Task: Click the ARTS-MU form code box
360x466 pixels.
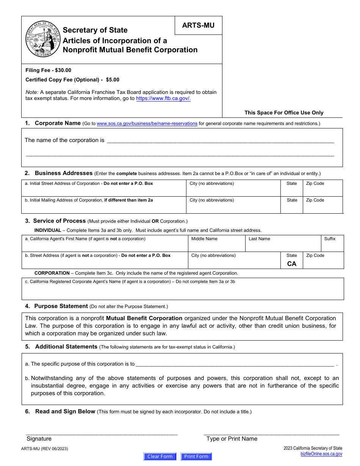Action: [198, 25]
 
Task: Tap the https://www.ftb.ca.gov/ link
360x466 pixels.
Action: [163, 99]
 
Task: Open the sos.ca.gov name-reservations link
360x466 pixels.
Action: [147, 124]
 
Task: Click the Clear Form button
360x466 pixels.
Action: [160, 457]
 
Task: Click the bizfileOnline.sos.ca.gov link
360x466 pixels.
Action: [321, 454]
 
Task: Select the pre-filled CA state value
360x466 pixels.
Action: [292, 264]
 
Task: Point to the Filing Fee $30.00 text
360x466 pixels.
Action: [48, 70]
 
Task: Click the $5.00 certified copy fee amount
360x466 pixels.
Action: [113, 80]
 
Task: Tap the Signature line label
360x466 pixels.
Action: [39, 439]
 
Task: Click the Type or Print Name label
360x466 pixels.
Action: [232, 439]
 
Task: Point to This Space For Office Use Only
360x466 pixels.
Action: [284, 113]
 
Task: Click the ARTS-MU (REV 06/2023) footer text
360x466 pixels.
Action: [45, 449]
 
